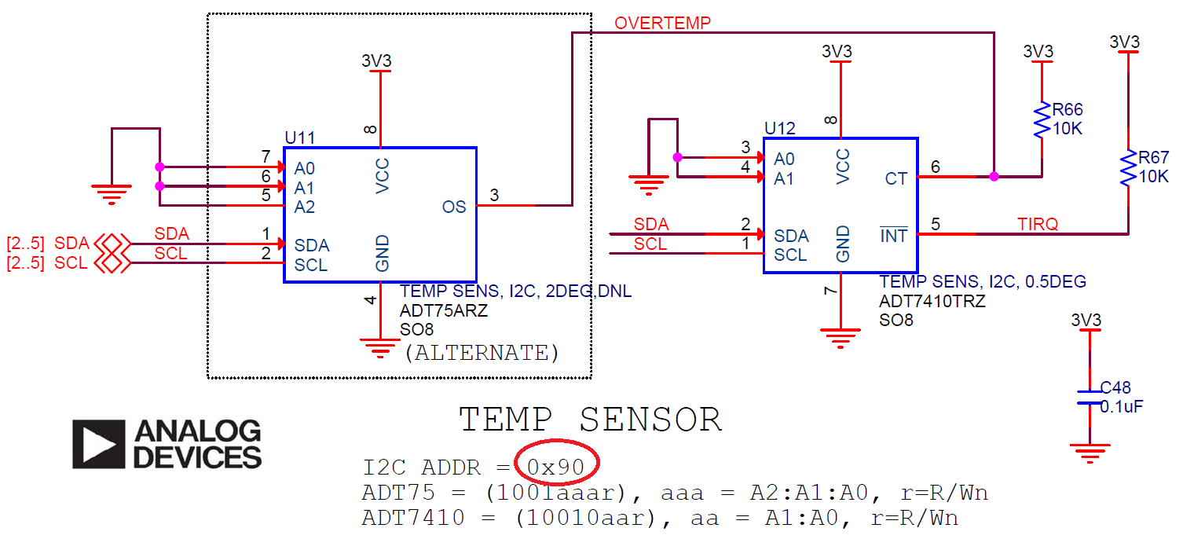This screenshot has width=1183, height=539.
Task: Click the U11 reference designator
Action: point(299,137)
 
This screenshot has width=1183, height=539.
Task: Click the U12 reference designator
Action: point(779,128)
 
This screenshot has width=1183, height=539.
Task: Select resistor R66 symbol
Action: point(1042,120)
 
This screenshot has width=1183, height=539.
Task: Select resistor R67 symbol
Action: point(1128,167)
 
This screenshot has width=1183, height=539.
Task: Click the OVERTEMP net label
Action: point(662,23)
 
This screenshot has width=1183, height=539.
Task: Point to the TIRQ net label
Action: point(1038,225)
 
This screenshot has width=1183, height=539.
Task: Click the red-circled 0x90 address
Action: point(556,468)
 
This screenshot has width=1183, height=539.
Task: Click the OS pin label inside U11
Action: point(454,207)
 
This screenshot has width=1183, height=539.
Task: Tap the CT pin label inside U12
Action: point(895,178)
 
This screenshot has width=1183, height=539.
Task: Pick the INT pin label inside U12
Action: point(893,236)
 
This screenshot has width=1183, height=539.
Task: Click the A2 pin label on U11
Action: point(305,207)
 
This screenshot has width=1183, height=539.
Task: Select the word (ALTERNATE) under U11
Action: point(482,353)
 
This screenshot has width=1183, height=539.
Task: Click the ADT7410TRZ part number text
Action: point(932,301)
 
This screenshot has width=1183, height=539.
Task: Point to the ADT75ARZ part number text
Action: point(444,310)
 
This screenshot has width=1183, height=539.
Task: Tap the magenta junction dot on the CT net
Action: point(994,177)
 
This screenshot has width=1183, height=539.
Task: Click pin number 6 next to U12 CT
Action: point(935,167)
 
